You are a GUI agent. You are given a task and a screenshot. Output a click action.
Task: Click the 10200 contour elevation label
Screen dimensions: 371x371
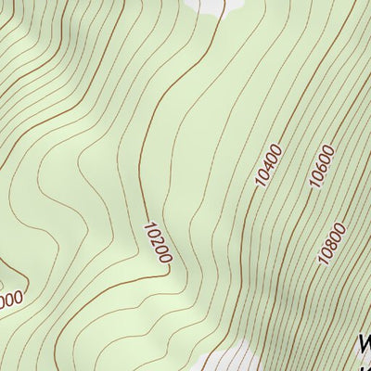(158, 241)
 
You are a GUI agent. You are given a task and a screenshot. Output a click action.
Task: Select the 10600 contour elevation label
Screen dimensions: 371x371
(321, 168)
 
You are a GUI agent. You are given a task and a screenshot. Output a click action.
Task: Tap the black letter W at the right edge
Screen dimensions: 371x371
(364, 345)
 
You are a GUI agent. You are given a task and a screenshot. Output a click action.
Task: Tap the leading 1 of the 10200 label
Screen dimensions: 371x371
(148, 225)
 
